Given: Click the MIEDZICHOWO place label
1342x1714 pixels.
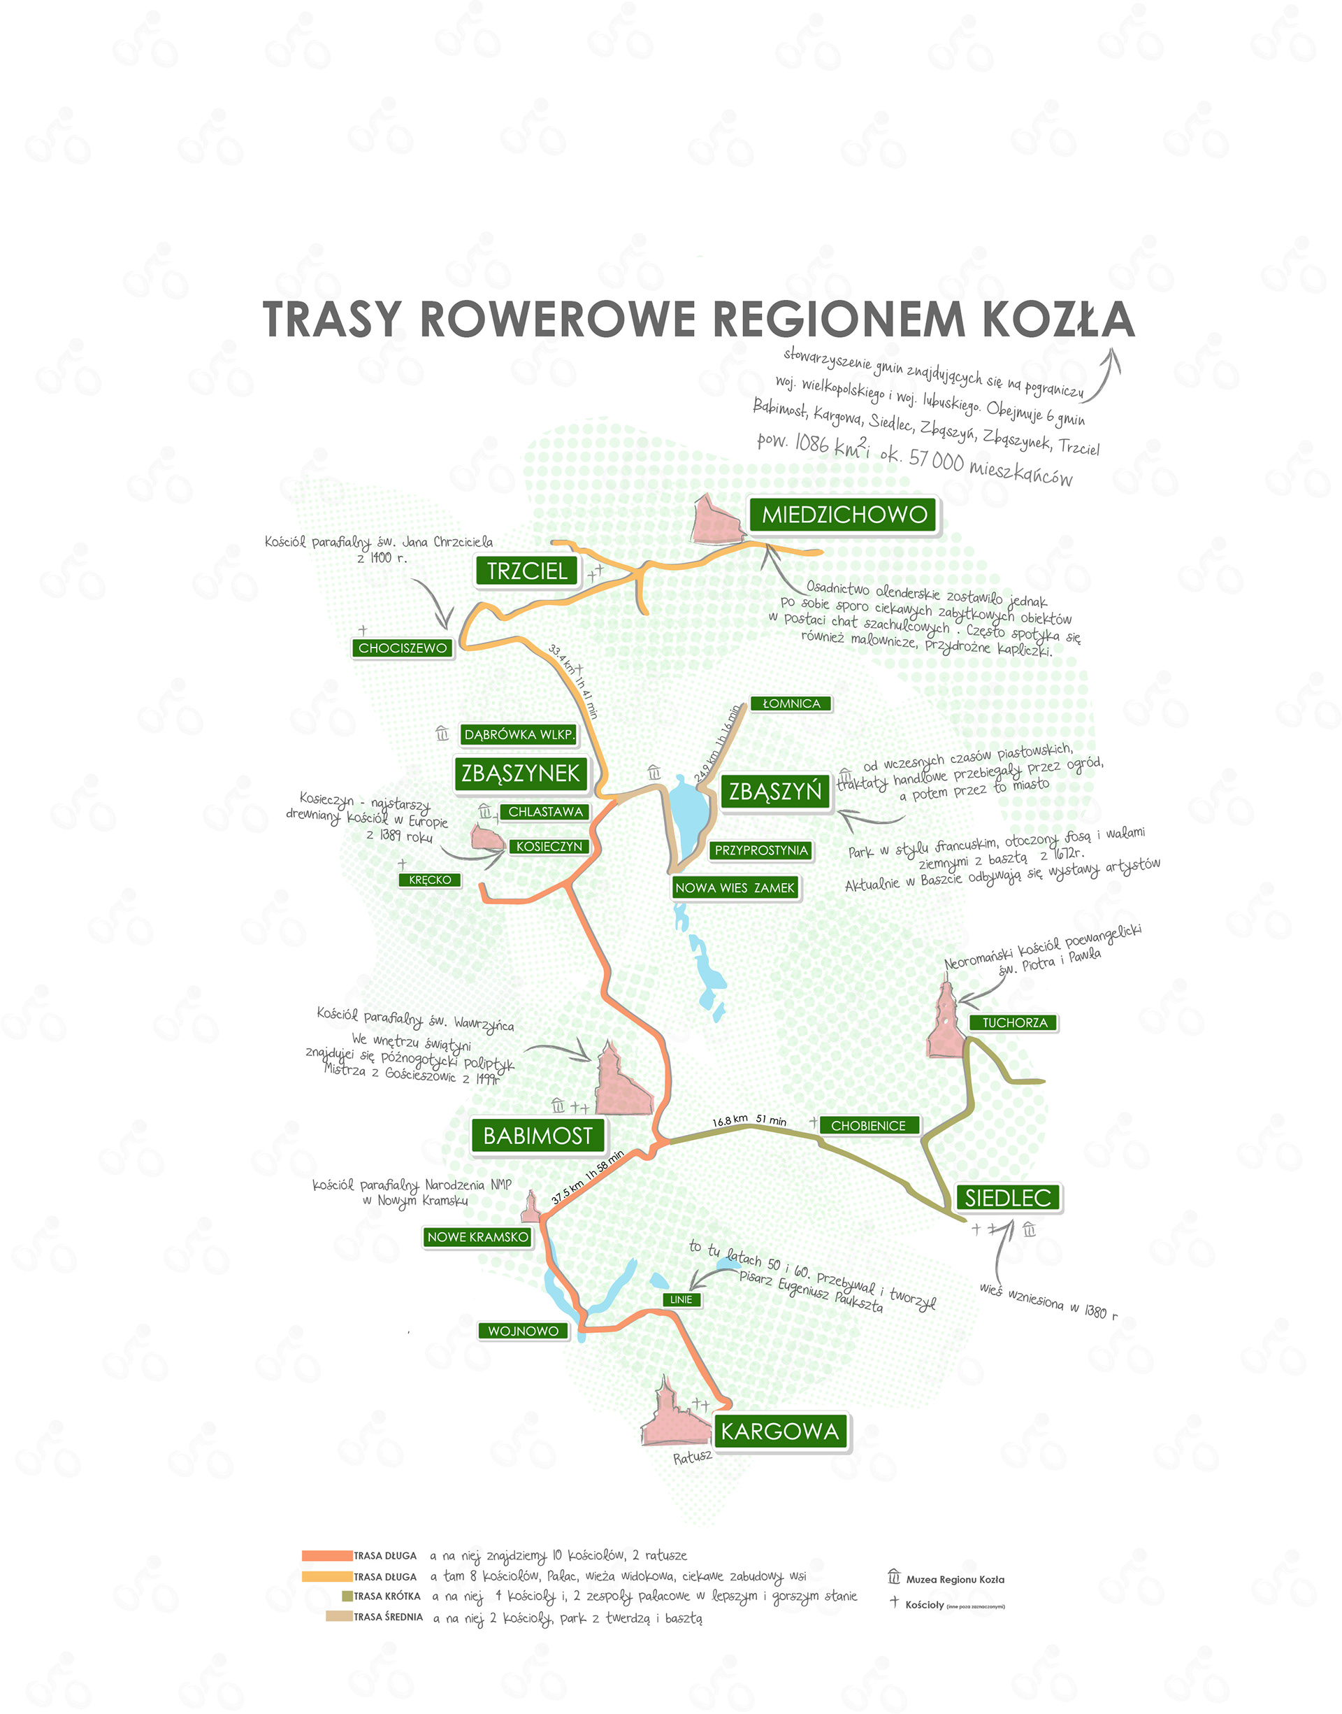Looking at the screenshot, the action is pyautogui.click(x=844, y=515).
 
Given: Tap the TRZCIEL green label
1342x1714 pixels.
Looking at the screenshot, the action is pyautogui.click(x=526, y=571).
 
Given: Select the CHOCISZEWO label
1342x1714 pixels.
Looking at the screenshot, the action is pyautogui.click(x=403, y=648).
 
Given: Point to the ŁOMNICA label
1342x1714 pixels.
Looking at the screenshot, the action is pyautogui.click(x=791, y=704).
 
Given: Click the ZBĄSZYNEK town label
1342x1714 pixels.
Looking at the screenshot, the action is pyautogui.click(x=520, y=773).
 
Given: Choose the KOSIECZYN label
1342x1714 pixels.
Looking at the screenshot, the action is pyautogui.click(x=549, y=846).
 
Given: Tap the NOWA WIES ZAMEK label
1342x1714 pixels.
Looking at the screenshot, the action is pyautogui.click(x=735, y=887).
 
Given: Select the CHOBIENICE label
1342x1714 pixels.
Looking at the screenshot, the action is pyautogui.click(x=867, y=1125).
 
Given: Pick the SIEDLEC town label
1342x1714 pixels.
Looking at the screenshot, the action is pyautogui.click(x=1007, y=1198).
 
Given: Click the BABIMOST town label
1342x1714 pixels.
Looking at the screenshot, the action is pyautogui.click(x=537, y=1136).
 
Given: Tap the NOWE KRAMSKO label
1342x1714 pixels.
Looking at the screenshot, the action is pyautogui.click(x=477, y=1237).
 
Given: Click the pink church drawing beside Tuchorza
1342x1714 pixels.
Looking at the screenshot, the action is pyautogui.click(x=945, y=1022).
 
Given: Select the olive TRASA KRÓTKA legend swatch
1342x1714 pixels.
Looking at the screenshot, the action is pyautogui.click(x=347, y=1596).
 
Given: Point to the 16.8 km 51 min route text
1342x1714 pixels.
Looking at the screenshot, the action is pyautogui.click(x=749, y=1120).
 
